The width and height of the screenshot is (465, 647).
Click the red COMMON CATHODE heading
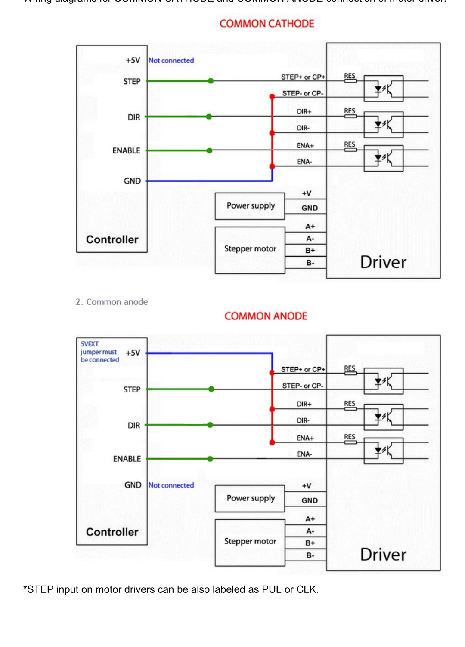(x=267, y=24)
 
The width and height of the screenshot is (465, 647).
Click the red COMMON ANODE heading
(x=266, y=316)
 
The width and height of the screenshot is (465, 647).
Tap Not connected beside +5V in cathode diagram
(x=171, y=61)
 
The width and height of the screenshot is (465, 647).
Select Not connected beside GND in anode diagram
(x=171, y=485)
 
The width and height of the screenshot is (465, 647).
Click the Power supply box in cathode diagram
(x=250, y=206)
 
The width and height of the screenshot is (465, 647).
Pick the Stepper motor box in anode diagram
(x=250, y=542)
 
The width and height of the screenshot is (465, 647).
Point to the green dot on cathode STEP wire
(x=211, y=81)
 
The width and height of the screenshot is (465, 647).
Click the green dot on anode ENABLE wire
(x=210, y=459)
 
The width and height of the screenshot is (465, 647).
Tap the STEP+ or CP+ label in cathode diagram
(x=303, y=77)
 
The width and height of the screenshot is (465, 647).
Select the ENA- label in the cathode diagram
(x=304, y=162)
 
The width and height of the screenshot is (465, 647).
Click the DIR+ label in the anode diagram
(x=304, y=404)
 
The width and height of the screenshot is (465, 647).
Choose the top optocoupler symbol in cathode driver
(x=383, y=89)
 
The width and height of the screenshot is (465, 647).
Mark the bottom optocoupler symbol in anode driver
(x=383, y=451)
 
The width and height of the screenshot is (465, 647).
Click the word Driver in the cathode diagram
(x=383, y=262)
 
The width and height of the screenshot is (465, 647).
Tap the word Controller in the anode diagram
(x=112, y=532)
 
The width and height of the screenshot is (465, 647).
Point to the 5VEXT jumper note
(x=99, y=352)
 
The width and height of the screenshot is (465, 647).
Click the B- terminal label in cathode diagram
(x=310, y=263)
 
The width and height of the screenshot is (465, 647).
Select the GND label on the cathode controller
(x=132, y=181)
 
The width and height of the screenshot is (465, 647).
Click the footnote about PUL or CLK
(x=171, y=589)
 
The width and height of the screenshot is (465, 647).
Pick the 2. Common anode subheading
(x=112, y=302)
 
